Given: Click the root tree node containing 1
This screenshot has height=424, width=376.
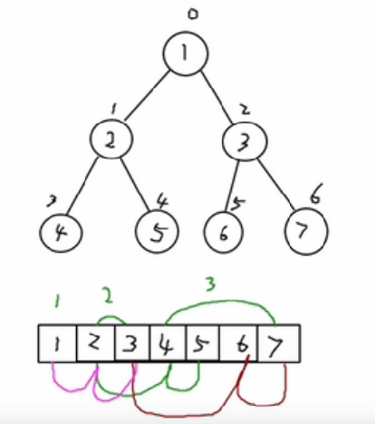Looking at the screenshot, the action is click(x=186, y=53).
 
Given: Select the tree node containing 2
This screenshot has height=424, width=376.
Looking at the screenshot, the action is click(x=111, y=140).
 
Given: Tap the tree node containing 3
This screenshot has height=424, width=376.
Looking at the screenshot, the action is click(x=245, y=141).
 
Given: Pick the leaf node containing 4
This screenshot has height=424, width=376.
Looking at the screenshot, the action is click(x=61, y=233).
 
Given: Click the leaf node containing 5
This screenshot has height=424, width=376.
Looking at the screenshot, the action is click(x=157, y=231).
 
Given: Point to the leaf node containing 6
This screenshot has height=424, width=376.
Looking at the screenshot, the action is click(x=224, y=232).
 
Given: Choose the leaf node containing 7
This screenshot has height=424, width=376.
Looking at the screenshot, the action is click(x=306, y=231).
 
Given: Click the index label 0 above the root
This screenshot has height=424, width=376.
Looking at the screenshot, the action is click(x=193, y=14).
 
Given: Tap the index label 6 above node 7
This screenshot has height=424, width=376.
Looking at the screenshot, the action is click(x=315, y=194).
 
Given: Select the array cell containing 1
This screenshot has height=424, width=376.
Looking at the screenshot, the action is click(x=57, y=343).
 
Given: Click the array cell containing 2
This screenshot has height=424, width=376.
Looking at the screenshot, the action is click(x=96, y=343).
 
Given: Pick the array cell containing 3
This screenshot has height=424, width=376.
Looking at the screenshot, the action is click(x=132, y=343).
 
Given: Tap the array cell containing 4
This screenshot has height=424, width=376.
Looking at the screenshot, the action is click(x=169, y=343).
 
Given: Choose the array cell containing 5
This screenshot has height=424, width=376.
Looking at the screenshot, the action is click(x=203, y=343).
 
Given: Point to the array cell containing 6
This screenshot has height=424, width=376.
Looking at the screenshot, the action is click(x=238, y=343).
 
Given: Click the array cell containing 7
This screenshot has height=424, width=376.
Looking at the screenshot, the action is click(x=279, y=343).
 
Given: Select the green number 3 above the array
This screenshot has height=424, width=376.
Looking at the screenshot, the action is click(x=210, y=284).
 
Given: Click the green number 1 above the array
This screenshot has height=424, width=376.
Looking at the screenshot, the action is click(x=57, y=301).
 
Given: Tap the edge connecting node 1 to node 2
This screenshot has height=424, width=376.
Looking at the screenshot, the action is click(x=147, y=96).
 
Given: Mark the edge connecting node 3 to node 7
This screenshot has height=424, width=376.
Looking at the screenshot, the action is click(x=276, y=184).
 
